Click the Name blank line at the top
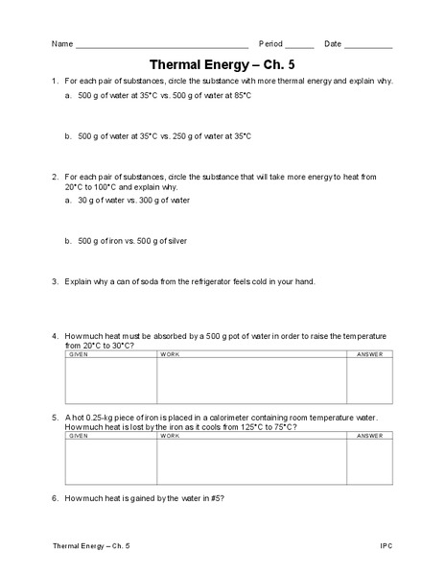(161, 45)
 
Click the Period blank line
(299, 45)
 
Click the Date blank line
(368, 45)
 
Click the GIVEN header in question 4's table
(78, 354)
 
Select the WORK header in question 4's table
(170, 354)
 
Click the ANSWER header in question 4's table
(368, 354)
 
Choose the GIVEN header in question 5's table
(78, 436)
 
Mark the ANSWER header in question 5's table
(368, 436)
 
